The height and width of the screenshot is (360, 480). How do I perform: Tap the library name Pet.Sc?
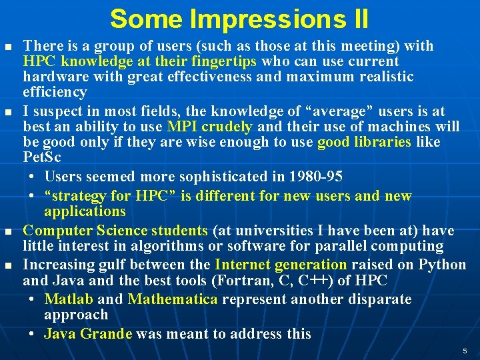pos(41,159)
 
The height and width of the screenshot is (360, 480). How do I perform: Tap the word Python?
pos(442,265)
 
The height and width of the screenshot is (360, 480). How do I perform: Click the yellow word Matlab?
pos(68,299)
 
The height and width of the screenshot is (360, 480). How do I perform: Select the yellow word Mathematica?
pos(173,299)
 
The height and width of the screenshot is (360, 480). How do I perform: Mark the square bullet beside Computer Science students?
pos(7,231)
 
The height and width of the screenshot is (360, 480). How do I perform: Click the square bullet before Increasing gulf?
pos(7,265)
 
